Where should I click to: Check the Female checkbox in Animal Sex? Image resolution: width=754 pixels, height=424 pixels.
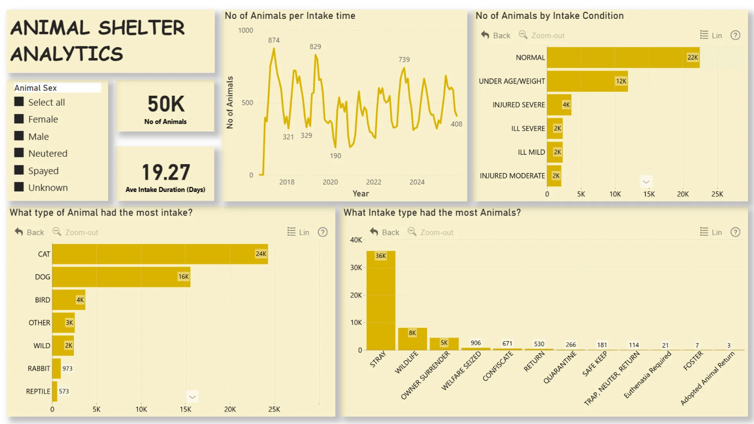tap(19, 119)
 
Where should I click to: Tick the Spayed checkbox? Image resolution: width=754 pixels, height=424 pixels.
tap(19, 170)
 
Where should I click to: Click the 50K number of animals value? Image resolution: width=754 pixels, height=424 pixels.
tap(166, 104)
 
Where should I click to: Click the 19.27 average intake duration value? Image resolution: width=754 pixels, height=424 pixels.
tap(166, 172)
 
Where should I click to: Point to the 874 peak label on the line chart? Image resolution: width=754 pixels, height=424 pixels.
tap(274, 40)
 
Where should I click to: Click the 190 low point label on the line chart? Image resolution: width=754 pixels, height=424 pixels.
tap(335, 156)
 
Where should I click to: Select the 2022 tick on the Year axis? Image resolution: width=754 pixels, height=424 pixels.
tap(373, 182)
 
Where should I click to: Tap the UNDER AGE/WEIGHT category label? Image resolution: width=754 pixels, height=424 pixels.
tap(512, 81)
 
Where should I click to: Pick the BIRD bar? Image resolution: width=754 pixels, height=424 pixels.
tap(69, 300)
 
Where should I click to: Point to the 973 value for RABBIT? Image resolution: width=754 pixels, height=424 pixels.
tap(68, 369)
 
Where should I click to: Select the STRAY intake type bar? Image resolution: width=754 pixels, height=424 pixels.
tap(381, 300)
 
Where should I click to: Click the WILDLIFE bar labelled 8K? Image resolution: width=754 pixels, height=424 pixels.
tap(412, 339)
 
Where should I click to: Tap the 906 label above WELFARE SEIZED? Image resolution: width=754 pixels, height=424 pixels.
tap(476, 343)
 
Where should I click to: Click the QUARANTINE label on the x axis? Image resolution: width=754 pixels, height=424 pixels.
tap(560, 367)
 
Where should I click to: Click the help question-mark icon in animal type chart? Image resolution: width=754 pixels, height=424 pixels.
tap(322, 232)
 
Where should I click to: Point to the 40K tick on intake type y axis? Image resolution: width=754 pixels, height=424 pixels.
tap(356, 240)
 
